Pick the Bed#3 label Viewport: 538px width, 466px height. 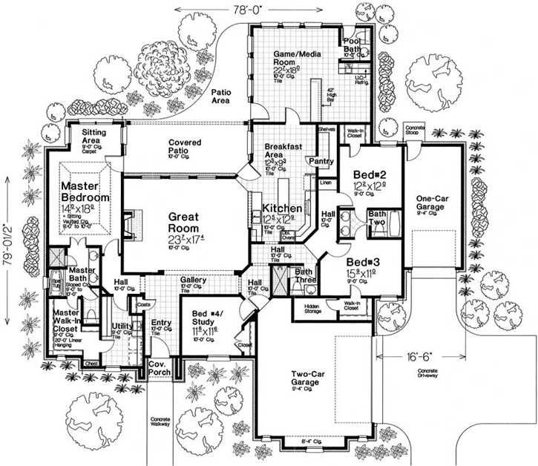coord(364,263)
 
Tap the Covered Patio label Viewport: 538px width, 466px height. coord(186,145)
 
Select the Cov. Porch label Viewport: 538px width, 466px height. coord(158,370)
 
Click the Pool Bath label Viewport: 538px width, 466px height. coord(352,46)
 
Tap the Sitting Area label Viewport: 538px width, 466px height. coord(95,135)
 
